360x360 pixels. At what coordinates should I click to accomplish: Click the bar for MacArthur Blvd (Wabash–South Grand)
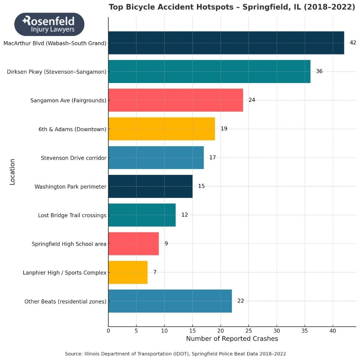tap(226, 43)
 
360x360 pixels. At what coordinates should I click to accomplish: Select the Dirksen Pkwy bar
tap(209, 71)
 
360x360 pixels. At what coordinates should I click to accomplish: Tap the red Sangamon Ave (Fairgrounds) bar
tap(176, 100)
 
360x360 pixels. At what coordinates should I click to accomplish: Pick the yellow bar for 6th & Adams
tap(162, 129)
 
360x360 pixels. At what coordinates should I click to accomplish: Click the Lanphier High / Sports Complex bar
tap(128, 272)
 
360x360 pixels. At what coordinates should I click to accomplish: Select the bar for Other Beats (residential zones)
tap(170, 301)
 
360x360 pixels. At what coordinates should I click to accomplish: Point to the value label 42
tap(353, 43)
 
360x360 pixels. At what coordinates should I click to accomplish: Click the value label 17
tap(212, 158)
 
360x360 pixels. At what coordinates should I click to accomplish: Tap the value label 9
tap(166, 244)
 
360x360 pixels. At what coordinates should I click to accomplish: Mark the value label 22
tap(241, 301)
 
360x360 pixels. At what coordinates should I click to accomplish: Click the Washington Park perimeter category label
tap(70, 187)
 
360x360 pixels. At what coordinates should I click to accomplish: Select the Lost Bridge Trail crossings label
tap(72, 215)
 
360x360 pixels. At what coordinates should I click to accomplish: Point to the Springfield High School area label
tap(69, 244)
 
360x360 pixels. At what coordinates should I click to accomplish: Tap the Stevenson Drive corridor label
tap(73, 158)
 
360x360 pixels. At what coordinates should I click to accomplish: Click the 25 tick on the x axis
tap(248, 331)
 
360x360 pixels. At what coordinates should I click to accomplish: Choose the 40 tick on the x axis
tap(333, 331)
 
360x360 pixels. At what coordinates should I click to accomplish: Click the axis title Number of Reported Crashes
tap(232, 339)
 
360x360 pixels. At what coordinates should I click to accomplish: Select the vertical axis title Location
tap(12, 172)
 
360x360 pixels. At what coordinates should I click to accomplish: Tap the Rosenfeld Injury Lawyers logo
tap(49, 24)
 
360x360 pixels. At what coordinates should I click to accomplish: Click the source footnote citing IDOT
tap(175, 353)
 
